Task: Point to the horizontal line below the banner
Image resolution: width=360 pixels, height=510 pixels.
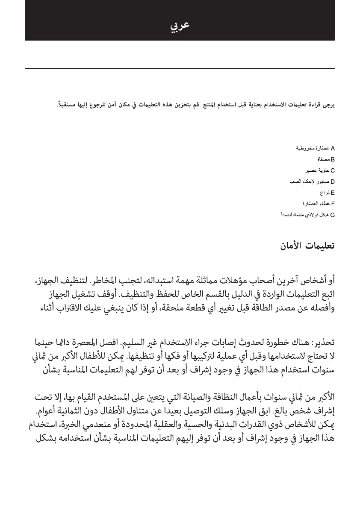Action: click(x=180, y=68)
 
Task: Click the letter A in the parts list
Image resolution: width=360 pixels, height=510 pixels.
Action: click(x=333, y=149)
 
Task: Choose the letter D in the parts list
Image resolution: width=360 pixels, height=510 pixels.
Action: click(x=333, y=182)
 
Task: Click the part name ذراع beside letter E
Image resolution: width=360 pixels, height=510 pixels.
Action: click(x=325, y=193)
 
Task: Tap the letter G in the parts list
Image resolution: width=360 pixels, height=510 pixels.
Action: click(x=333, y=215)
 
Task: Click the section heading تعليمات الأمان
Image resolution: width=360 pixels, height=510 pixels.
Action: click(x=307, y=246)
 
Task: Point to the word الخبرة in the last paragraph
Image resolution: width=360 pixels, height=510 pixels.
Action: click(x=70, y=426)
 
